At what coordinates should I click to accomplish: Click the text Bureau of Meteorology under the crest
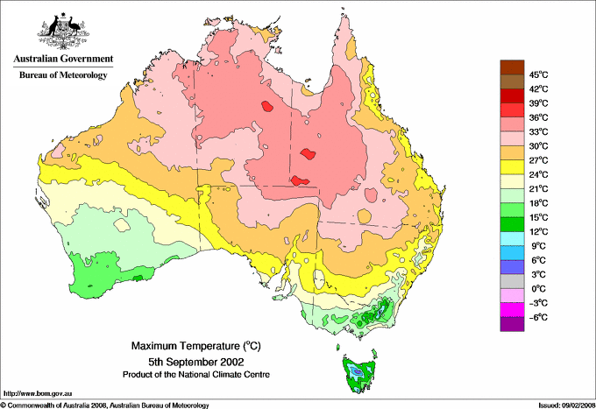[62, 75]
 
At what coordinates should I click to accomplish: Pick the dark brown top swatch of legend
[509, 67]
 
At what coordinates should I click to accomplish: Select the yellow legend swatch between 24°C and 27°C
[509, 167]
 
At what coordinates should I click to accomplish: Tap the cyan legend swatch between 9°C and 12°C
[509, 238]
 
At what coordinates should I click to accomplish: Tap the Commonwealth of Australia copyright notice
[105, 404]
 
